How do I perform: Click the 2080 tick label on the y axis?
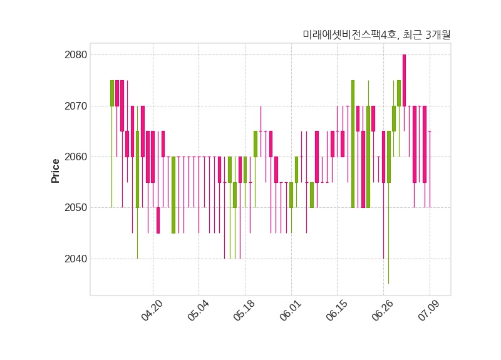tap(76, 55)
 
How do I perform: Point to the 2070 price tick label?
tap(76, 106)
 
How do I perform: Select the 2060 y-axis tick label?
tap(76, 157)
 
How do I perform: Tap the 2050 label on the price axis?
tap(76, 208)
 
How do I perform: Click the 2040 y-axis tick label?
tap(76, 259)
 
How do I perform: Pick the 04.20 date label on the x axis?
tap(152, 310)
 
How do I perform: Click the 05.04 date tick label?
tap(198, 310)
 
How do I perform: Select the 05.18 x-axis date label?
tap(244, 310)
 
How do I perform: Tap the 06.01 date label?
tap(291, 310)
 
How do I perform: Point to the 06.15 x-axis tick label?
tap(336, 310)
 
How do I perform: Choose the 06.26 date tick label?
tap(383, 310)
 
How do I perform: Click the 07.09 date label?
tap(429, 310)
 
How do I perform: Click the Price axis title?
tap(55, 171)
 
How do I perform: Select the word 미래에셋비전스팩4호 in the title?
tap(349, 34)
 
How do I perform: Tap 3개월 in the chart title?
tap(438, 34)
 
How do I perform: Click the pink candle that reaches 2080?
tap(404, 81)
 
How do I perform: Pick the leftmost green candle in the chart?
tap(112, 93)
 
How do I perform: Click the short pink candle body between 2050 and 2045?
tap(158, 220)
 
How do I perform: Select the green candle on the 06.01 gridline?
tap(291, 195)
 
